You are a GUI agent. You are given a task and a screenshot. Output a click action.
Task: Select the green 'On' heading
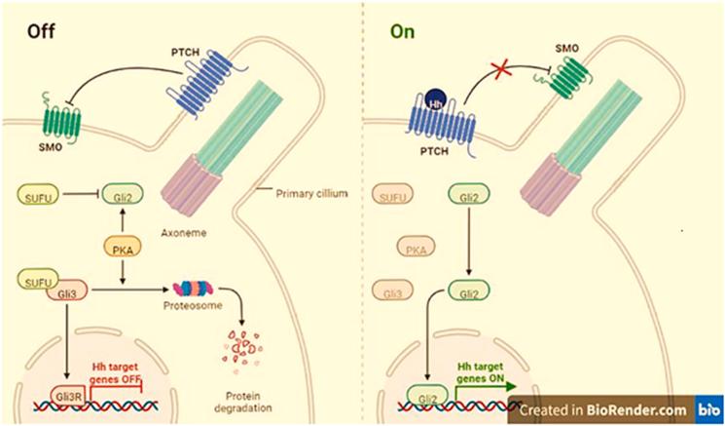click(401, 30)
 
